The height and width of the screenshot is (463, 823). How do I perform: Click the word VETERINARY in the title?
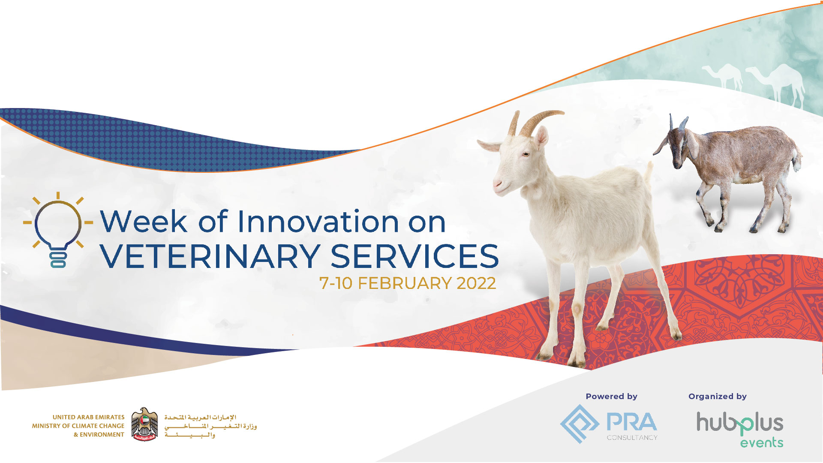210,256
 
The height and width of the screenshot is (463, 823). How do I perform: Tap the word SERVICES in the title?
415,256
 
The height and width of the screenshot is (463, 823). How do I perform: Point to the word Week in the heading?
144,222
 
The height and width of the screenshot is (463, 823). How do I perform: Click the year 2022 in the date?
476,283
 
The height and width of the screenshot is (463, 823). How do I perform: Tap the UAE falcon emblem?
144,424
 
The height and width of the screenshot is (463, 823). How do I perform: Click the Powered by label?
612,397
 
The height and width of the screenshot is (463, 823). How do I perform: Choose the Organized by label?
718,397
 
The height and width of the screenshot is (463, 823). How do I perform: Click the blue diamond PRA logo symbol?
580,424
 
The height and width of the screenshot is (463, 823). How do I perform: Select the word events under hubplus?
762,442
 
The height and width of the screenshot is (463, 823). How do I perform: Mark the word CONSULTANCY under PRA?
632,438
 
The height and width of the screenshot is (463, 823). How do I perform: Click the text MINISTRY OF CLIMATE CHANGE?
78,426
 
